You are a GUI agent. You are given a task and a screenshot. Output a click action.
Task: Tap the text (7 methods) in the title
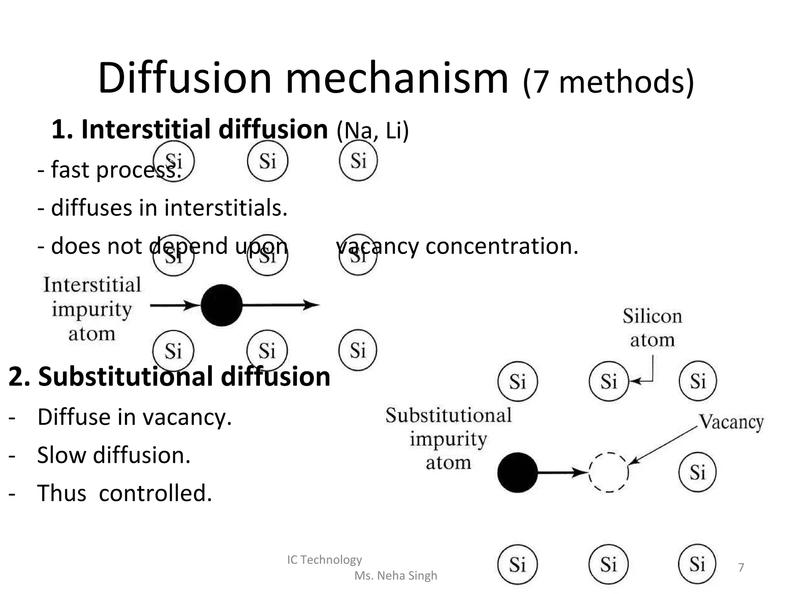pyautogui.click(x=608, y=82)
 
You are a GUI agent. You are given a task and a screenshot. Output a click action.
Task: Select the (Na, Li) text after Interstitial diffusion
pyautogui.click(x=372, y=131)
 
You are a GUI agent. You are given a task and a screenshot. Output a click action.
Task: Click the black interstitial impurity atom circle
pyautogui.click(x=222, y=305)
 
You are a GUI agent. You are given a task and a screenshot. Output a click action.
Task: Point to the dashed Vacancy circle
pyautogui.click(x=609, y=472)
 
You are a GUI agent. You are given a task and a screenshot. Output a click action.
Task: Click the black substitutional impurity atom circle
pyautogui.click(x=517, y=472)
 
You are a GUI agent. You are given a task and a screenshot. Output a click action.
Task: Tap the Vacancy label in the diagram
pyautogui.click(x=731, y=422)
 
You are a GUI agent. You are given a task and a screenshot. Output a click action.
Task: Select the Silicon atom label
pyautogui.click(x=652, y=328)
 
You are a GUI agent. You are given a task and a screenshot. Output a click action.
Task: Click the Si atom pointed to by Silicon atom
pyautogui.click(x=609, y=381)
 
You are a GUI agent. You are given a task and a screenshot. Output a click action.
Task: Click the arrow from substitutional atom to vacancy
pyautogui.click(x=561, y=472)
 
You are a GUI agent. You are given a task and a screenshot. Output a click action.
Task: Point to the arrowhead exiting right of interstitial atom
pyautogui.click(x=311, y=305)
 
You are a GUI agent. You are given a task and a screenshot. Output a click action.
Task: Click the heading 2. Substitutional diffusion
pyautogui.click(x=169, y=376)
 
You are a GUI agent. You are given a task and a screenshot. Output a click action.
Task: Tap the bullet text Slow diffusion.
pyautogui.click(x=114, y=455)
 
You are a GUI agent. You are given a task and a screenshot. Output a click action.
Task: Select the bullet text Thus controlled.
pyautogui.click(x=125, y=493)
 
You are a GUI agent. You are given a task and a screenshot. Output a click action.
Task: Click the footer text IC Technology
pyautogui.click(x=324, y=560)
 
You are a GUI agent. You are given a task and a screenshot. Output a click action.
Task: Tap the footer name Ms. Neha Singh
pyautogui.click(x=396, y=575)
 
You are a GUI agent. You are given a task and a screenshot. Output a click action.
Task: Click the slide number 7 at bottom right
pyautogui.click(x=741, y=567)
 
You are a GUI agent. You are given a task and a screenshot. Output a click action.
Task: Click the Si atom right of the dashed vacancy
pyautogui.click(x=698, y=472)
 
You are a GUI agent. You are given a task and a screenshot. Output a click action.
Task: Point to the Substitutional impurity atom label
pyautogui.click(x=449, y=439)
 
